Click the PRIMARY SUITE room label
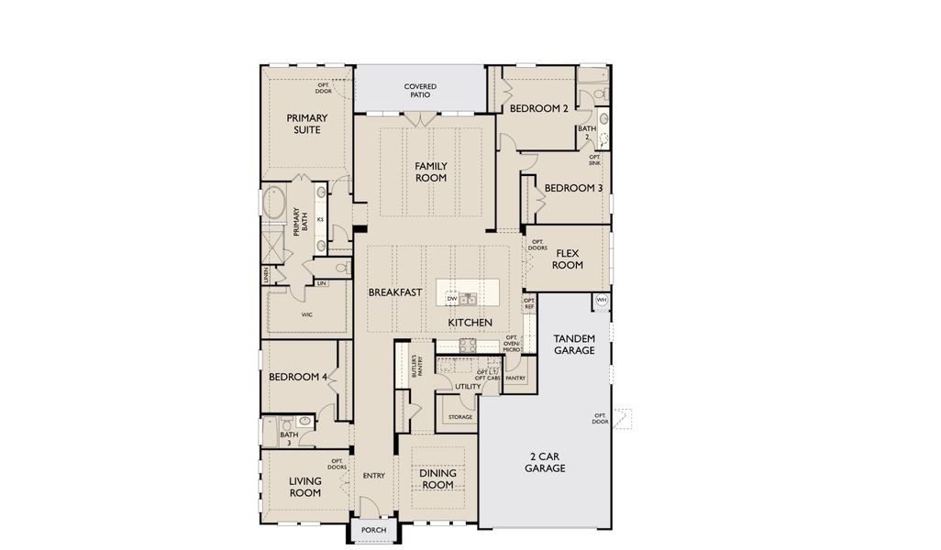pyautogui.click(x=306, y=124)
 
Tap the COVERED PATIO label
pyautogui.click(x=420, y=91)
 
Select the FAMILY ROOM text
pyautogui.click(x=430, y=171)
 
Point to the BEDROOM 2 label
pyautogui.click(x=538, y=108)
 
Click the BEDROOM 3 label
pyautogui.click(x=573, y=188)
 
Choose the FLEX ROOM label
pyautogui.click(x=568, y=258)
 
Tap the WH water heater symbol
pyautogui.click(x=602, y=300)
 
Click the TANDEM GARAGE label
pyautogui.click(x=574, y=345)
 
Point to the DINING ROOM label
pyautogui.click(x=437, y=478)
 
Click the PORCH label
pyautogui.click(x=373, y=530)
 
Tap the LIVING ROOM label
pyautogui.click(x=305, y=487)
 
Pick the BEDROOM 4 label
pyautogui.click(x=298, y=377)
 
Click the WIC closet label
pyautogui.click(x=306, y=314)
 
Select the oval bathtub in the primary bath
pyautogui.click(x=275, y=202)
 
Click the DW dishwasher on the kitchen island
pyautogui.click(x=451, y=298)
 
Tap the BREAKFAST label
pyautogui.click(x=395, y=292)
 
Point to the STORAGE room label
pyautogui.click(x=459, y=417)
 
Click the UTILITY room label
pyautogui.click(x=467, y=387)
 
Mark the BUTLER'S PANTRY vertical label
pyautogui.click(x=414, y=367)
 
